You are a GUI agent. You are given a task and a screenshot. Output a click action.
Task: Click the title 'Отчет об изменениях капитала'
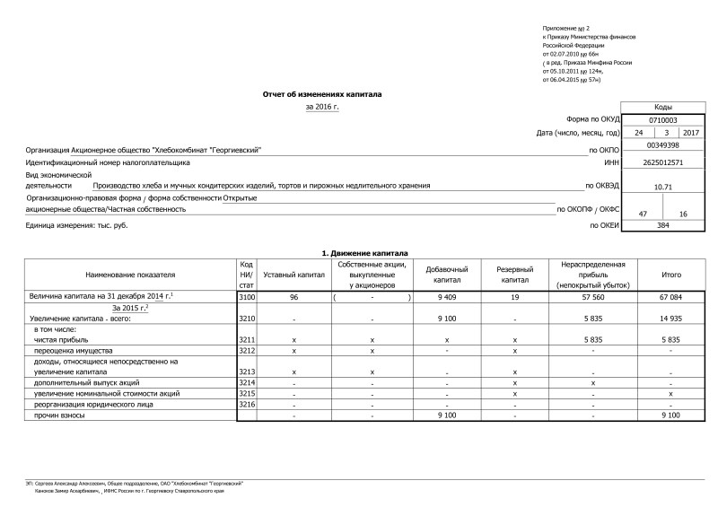[322, 93]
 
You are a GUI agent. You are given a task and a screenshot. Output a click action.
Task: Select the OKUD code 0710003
[662, 119]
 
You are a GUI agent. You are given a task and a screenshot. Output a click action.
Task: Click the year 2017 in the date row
[690, 132]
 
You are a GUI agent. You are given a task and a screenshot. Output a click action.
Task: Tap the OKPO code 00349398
[662, 144]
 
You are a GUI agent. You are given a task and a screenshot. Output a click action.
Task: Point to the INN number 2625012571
[663, 162]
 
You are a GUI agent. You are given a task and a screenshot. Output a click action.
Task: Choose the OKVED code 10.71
[663, 187]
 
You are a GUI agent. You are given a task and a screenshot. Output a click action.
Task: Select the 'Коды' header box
[663, 106]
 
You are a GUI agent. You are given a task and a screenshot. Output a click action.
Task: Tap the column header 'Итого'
[670, 274]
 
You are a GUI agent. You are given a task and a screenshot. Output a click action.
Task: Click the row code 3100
[247, 296]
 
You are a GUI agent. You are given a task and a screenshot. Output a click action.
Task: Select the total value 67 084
[670, 296]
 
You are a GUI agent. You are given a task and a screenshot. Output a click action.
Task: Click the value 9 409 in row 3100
[448, 296]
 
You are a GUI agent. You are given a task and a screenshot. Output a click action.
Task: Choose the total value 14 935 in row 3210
[670, 318]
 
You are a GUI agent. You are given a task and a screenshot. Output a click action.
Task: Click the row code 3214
[247, 382]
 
